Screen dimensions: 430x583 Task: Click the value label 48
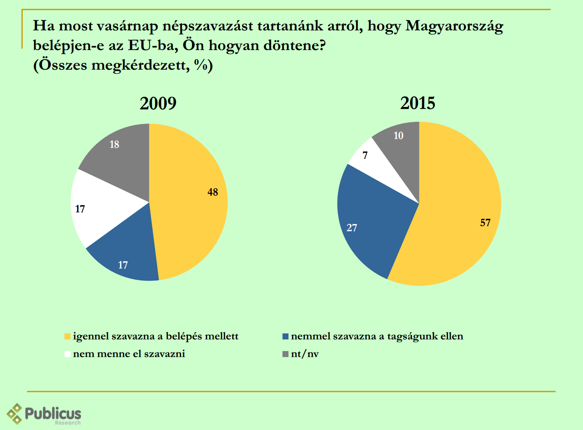click(213, 192)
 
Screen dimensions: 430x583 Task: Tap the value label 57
click(485, 223)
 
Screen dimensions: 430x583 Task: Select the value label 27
click(352, 228)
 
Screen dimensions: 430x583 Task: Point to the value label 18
click(115, 144)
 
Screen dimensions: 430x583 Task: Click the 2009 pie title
click(158, 103)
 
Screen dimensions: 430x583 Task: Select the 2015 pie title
click(418, 103)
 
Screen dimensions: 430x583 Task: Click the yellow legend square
click(67, 337)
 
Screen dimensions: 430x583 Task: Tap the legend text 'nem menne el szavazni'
click(129, 354)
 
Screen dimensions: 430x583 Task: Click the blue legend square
click(285, 337)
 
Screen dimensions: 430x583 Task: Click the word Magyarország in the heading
click(454, 26)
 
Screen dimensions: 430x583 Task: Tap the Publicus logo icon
click(15, 414)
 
